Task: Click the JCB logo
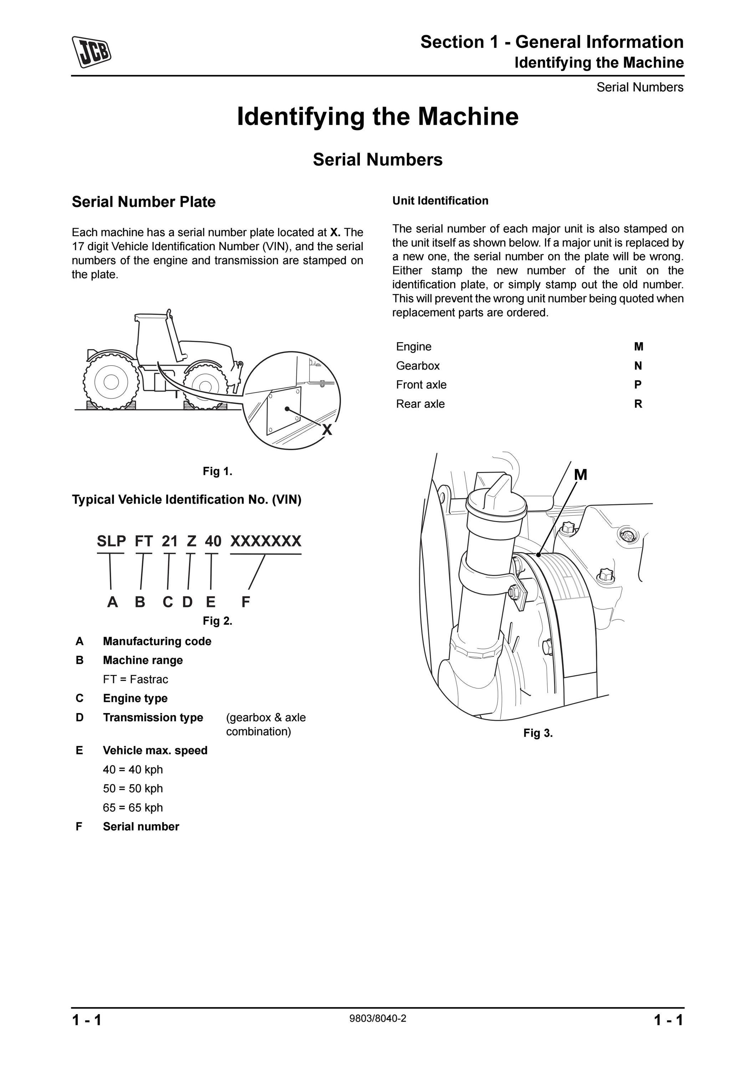pyautogui.click(x=91, y=51)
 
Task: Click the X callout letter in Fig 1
pyautogui.click(x=327, y=430)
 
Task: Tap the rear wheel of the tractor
pyautogui.click(x=111, y=382)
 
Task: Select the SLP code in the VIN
pyautogui.click(x=111, y=541)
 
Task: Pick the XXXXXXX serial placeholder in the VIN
pyautogui.click(x=266, y=541)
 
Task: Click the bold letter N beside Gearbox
pyautogui.click(x=638, y=366)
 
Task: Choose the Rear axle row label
pyautogui.click(x=420, y=404)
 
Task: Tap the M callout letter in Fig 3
pyautogui.click(x=581, y=475)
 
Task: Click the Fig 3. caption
pyautogui.click(x=538, y=733)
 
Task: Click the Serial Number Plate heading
pyautogui.click(x=143, y=202)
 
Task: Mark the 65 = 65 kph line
pyautogui.click(x=133, y=807)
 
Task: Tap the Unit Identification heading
pyautogui.click(x=440, y=201)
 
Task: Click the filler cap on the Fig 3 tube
pyautogui.click(x=497, y=498)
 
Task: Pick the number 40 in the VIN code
pyautogui.click(x=213, y=541)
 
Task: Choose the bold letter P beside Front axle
pyautogui.click(x=638, y=384)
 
